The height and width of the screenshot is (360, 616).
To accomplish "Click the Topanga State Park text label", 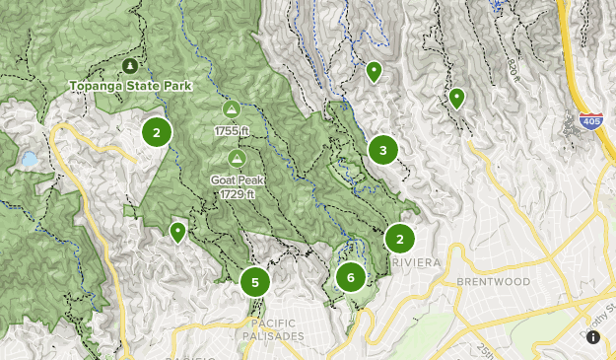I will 130,86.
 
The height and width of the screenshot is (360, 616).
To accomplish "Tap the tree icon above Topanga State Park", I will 129,66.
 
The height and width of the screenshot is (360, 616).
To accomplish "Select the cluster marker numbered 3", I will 382,150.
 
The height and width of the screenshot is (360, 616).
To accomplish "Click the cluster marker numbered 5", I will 254,282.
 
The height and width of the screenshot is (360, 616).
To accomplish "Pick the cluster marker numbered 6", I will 350,277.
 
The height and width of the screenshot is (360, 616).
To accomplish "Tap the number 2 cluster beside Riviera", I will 399,239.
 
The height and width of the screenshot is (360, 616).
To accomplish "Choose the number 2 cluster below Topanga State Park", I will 156,131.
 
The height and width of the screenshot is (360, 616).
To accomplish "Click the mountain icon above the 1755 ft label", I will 232,109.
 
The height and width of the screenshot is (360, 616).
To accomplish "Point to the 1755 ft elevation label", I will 232,130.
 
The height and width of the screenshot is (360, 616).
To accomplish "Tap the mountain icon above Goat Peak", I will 236,158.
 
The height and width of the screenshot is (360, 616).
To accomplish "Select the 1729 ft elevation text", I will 237,194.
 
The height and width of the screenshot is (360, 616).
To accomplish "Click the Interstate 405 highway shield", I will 590,120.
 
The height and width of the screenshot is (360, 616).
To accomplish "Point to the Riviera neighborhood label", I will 408,264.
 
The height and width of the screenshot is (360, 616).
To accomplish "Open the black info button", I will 593,337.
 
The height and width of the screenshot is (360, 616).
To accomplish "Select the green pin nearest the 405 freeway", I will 457,98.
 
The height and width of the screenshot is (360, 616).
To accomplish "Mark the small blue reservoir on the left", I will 29,159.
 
